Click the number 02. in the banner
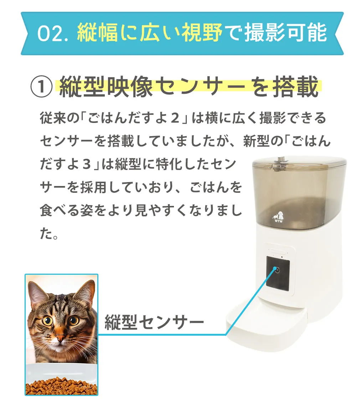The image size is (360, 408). pos(53,33)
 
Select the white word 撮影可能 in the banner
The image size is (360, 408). pos(286,32)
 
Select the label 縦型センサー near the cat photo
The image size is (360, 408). pos(154,322)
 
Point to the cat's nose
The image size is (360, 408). pos(60,339)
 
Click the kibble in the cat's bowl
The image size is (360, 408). pos(61,386)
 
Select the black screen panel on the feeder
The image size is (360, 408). pos(277,273)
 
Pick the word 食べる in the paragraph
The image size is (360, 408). pos(60,211)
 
